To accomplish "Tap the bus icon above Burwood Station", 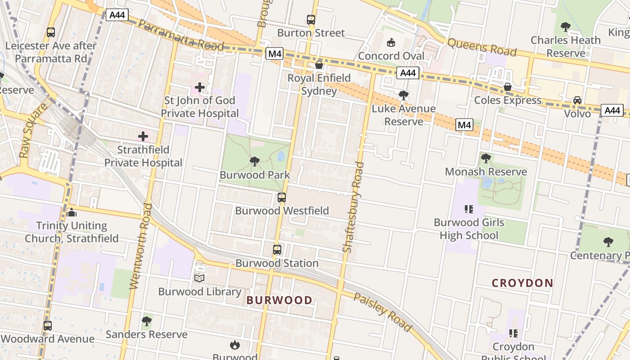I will (x=277, y=249).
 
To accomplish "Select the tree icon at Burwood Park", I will (x=254, y=161).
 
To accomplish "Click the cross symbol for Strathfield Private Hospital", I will (x=143, y=136).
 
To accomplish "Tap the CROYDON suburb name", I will (x=522, y=283).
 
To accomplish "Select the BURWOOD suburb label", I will (x=279, y=300).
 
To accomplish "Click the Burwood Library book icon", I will (x=199, y=278).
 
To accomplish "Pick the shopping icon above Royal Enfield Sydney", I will (x=319, y=65).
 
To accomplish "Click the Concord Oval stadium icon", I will (x=391, y=43).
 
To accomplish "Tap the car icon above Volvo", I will (x=577, y=100).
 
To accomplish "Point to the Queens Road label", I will (x=482, y=47).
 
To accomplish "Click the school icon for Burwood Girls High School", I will (x=469, y=209).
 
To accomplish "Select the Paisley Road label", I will (x=382, y=312).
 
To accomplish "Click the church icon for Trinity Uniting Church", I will (x=72, y=212).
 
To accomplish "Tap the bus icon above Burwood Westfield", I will (x=282, y=197).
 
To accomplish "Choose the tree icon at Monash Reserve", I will (x=486, y=158).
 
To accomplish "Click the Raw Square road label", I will (x=34, y=130).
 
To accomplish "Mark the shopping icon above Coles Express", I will (x=508, y=87).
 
